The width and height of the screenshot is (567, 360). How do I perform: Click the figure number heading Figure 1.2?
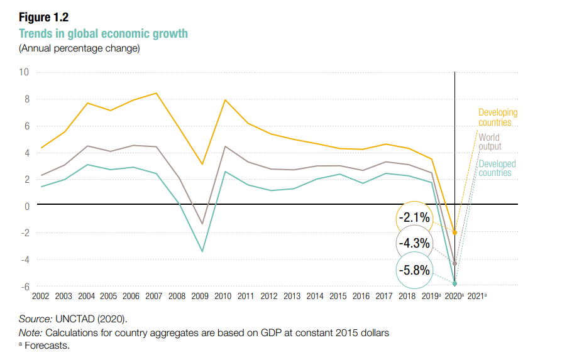(x=43, y=18)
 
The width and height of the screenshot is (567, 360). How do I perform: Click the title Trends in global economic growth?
(x=103, y=33)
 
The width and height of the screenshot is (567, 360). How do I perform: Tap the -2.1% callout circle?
(x=415, y=219)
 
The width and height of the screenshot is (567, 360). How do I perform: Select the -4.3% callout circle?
(x=415, y=243)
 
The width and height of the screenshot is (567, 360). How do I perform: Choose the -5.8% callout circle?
(x=415, y=271)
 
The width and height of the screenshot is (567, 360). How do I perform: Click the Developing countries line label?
(x=497, y=117)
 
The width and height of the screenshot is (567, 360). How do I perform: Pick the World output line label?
(x=490, y=141)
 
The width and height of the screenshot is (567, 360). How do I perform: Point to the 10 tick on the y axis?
(x=25, y=72)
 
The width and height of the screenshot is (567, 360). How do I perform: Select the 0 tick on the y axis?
(x=27, y=206)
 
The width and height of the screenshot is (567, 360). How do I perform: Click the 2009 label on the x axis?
(x=201, y=296)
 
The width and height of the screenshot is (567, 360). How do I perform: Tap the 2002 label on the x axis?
(x=40, y=296)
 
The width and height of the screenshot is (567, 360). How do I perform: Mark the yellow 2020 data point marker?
(x=454, y=232)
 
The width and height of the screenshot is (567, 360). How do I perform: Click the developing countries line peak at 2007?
(x=156, y=93)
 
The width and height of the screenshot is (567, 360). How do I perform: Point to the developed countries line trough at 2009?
(x=201, y=252)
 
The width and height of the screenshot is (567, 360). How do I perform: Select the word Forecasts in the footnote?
(x=47, y=345)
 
